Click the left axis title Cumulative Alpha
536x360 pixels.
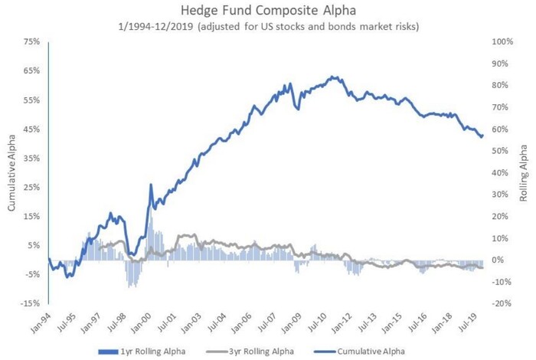11,172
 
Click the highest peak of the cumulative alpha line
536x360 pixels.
331,77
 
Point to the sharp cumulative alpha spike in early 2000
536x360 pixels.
151,185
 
